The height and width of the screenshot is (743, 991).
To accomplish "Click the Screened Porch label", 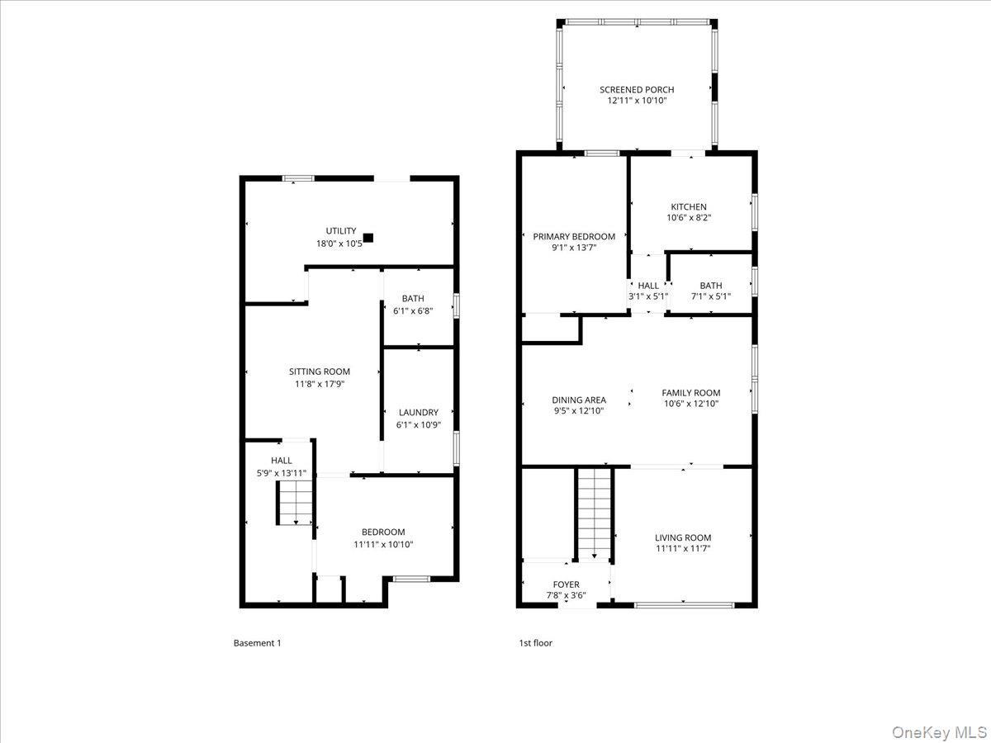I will point(636,89).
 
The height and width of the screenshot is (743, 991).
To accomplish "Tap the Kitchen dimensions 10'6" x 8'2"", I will point(688,218).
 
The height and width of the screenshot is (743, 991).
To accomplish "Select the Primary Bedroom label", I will point(574,236).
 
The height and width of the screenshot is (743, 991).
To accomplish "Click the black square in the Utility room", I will point(368,238).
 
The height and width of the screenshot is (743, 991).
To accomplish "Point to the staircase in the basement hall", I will point(295,503).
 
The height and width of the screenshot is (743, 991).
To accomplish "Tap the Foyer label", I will point(566,584).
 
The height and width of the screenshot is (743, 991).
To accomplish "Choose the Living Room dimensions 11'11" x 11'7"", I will point(683,548).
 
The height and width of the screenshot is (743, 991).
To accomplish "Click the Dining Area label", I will point(579,400).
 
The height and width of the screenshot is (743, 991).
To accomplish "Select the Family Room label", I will point(691,393).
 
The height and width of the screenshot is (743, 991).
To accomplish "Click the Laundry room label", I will point(419,413).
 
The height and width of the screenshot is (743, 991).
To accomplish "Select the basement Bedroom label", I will point(383,532).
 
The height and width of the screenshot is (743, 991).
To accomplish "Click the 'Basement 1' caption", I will point(257,643).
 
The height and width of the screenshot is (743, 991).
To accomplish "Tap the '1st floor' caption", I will point(535,643).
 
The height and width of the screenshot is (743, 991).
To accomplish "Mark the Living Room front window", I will point(683,605).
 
